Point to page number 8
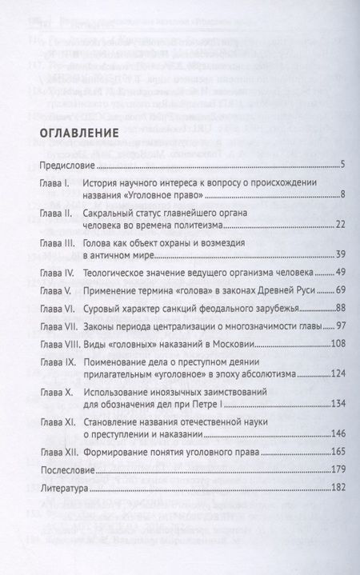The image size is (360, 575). (x=342, y=195)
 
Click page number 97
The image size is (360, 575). (x=339, y=324)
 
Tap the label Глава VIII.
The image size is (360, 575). (x=62, y=341)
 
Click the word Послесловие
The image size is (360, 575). (x=69, y=469)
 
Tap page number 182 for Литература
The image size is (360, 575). (x=337, y=487)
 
